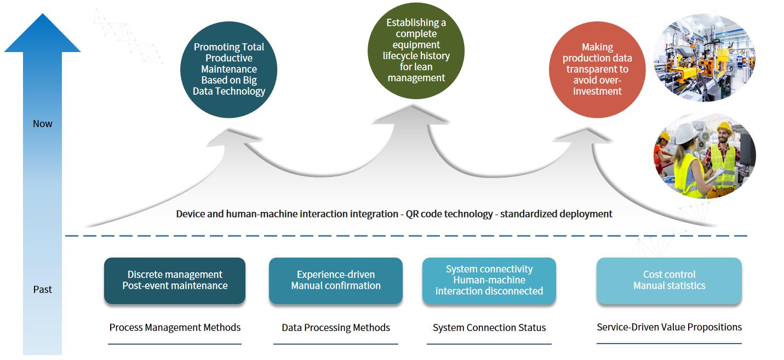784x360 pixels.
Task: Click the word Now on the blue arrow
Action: [x=42, y=124]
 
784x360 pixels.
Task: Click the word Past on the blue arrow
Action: [x=42, y=289]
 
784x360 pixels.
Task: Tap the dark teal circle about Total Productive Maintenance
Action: [x=228, y=70]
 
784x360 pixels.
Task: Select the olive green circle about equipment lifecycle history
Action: [x=416, y=50]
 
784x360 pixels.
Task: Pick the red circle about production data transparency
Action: [x=597, y=70]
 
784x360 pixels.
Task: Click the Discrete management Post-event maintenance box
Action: [x=175, y=281]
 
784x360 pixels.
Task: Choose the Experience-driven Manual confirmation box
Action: [x=336, y=281]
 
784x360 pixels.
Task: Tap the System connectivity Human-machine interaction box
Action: [x=489, y=281]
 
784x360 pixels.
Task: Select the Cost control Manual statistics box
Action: [x=669, y=281]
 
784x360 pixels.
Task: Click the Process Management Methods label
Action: [x=175, y=328]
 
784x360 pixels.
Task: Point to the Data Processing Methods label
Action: [x=336, y=328]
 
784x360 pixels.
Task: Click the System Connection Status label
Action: [x=489, y=328]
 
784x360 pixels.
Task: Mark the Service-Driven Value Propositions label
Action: [x=669, y=327]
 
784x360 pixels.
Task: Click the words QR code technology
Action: [x=449, y=214]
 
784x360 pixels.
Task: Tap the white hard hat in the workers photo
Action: [x=685, y=133]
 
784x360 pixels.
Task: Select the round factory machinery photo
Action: [x=705, y=58]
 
